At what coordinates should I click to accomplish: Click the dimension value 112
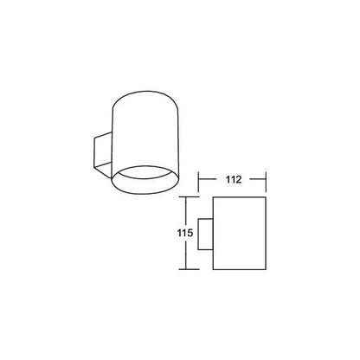pos(234,179)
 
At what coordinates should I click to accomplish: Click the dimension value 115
pos(185,233)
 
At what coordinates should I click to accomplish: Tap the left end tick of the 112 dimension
pos(198,182)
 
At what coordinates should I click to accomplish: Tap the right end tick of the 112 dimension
pos(266,182)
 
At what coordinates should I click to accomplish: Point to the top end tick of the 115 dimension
pos(189,197)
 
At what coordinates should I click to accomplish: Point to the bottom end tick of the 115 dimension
pos(189,269)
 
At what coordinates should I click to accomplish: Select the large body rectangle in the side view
pos(239,234)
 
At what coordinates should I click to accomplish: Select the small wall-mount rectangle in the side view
pos(205,234)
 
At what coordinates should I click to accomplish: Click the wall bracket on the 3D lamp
pos(103,155)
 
